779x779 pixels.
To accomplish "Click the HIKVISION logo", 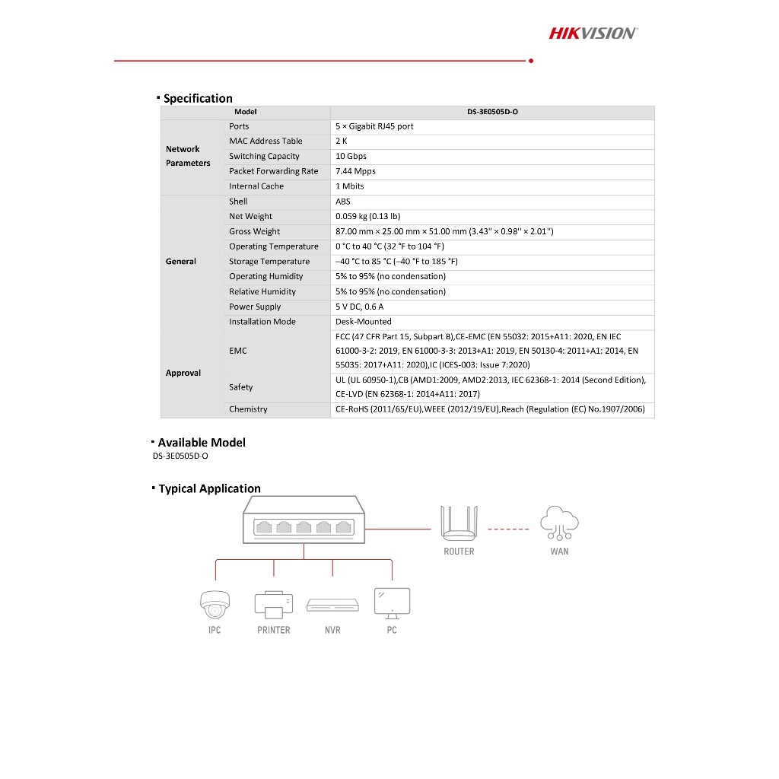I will [x=593, y=33].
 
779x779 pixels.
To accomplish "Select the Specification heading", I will [x=198, y=98].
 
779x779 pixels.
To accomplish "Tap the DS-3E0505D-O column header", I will [x=492, y=112].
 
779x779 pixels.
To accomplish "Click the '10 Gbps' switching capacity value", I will [x=351, y=156].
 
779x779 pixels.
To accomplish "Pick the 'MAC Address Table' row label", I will [x=265, y=141].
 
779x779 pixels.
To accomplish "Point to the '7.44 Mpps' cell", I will [x=356, y=171].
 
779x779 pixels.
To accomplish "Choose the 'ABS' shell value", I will [x=343, y=202].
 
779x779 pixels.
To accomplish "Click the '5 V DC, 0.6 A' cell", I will [x=360, y=307].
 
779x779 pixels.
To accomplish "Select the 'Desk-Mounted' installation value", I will [x=364, y=322].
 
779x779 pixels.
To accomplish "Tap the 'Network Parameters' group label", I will [x=188, y=156].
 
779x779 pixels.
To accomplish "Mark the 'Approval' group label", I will [x=183, y=373].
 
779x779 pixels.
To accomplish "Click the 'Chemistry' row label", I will [x=248, y=409].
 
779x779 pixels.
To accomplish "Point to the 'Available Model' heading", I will [x=202, y=442].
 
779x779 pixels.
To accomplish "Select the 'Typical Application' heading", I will [x=209, y=488].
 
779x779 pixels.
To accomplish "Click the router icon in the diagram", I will [x=458, y=523].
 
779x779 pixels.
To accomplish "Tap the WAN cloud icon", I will [x=559, y=523].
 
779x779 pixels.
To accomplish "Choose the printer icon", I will [x=273, y=604].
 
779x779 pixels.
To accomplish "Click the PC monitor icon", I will [x=392, y=602].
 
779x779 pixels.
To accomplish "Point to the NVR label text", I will [x=332, y=630].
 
